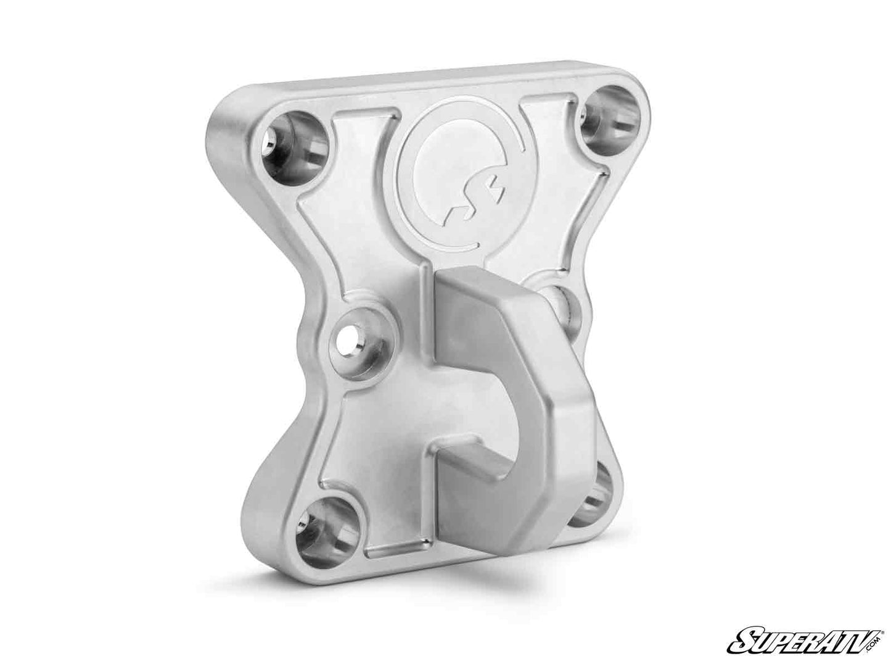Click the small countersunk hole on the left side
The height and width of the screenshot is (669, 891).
[358, 336]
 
